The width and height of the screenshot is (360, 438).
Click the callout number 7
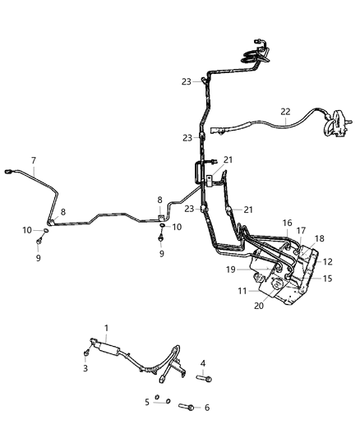coord(33,159)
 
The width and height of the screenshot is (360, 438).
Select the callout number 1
coord(105,328)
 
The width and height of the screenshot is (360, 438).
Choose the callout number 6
coord(207,408)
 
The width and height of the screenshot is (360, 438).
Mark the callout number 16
coord(288,223)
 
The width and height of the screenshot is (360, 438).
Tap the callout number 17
coord(301,231)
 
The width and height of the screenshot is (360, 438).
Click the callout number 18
coord(320,238)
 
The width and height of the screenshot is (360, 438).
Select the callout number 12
coord(328,261)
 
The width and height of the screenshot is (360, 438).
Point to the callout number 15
coord(326,279)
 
